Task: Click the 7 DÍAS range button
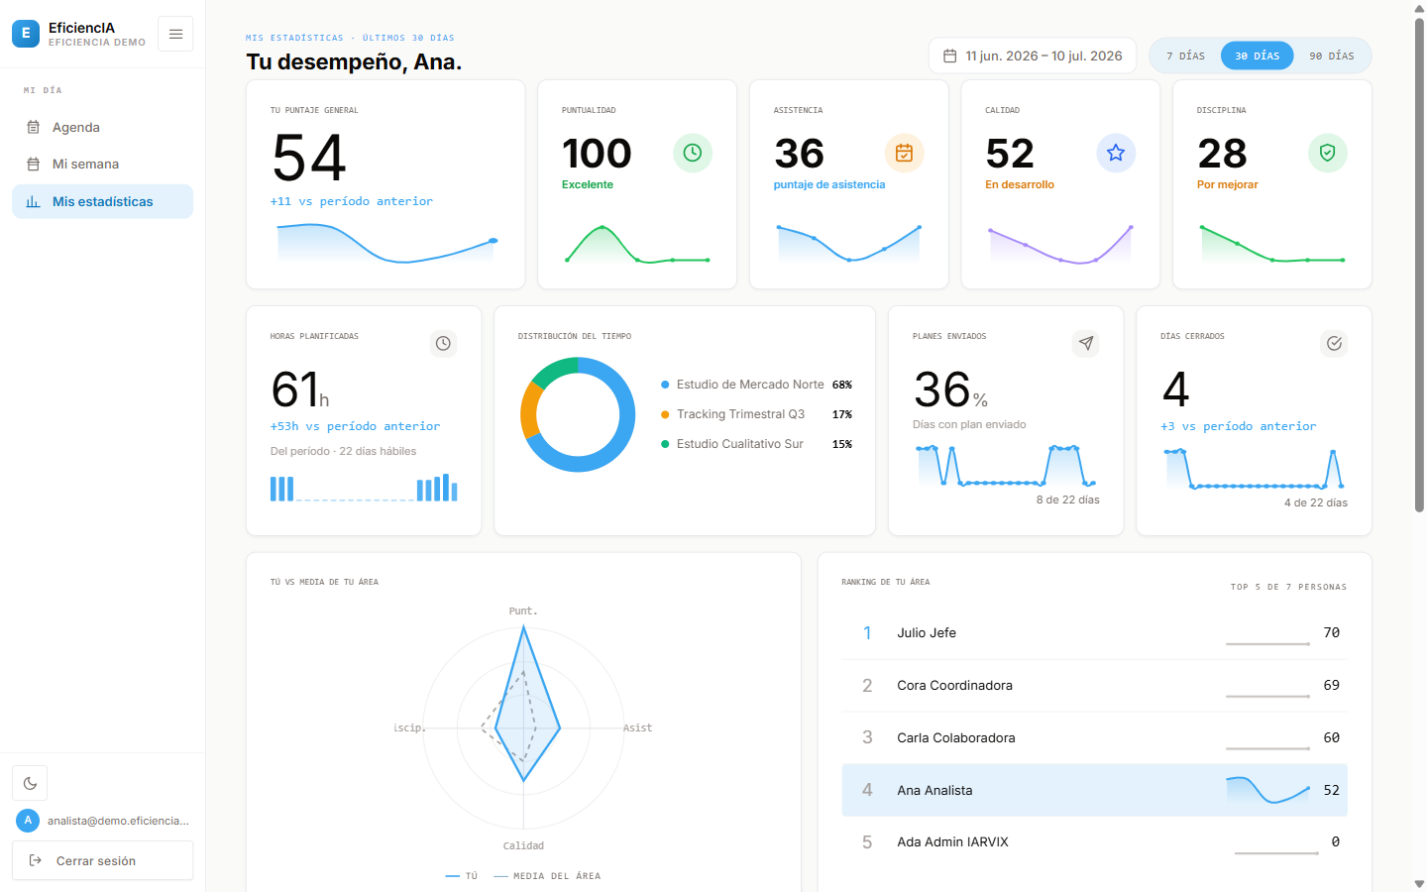coord(1185,56)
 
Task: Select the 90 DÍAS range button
coord(1332,56)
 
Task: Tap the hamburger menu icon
coord(175,34)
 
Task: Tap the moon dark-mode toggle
coord(30,783)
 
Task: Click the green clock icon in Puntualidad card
coord(693,153)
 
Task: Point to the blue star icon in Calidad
coord(1116,153)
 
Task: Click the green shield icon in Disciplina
coord(1327,153)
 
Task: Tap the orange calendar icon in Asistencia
coord(904,153)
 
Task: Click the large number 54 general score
coord(309,158)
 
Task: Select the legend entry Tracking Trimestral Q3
coord(740,414)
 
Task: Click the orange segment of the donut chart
coord(529,411)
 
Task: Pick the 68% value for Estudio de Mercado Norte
coord(842,385)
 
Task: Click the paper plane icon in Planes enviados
coord(1085,343)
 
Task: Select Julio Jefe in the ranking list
coord(927,632)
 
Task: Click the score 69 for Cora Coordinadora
coord(1332,685)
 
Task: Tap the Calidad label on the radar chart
coord(523,845)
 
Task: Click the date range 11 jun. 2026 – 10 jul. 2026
coord(1043,56)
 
